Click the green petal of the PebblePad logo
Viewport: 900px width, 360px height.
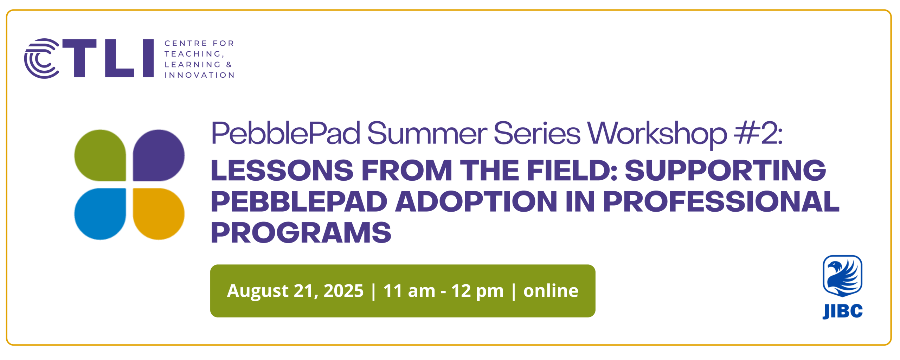click(100, 155)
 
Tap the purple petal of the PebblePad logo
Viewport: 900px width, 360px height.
click(159, 155)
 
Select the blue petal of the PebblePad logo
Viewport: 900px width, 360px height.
click(100, 214)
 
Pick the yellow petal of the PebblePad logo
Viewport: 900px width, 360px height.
click(159, 214)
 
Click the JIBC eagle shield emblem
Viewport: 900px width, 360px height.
click(842, 276)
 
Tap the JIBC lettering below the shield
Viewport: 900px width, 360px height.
click(842, 311)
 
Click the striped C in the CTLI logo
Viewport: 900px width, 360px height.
click(41, 58)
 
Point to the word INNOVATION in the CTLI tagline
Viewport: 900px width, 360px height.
click(199, 75)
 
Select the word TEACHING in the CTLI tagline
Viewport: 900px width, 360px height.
click(193, 54)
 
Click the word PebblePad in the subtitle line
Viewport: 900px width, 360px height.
click(286, 134)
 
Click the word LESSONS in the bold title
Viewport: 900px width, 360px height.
click(282, 171)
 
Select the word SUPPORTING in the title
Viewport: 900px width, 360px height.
click(725, 171)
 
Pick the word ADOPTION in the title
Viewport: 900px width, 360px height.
click(476, 201)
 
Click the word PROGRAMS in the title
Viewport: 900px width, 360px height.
click(301, 232)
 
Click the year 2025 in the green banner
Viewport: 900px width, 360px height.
click(343, 291)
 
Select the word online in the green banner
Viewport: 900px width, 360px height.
click(551, 291)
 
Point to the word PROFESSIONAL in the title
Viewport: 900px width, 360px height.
click(721, 201)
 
